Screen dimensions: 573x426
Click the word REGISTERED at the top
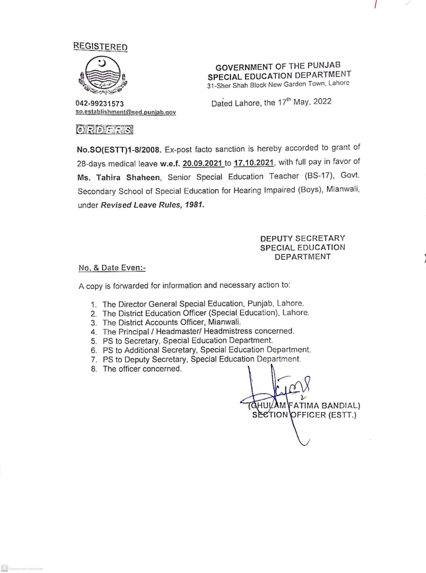(x=100, y=47)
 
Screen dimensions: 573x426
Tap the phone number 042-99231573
(x=100, y=103)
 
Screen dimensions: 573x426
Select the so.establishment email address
(x=126, y=112)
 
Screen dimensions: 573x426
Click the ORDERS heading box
(x=105, y=130)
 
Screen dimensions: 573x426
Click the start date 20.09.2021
(x=203, y=163)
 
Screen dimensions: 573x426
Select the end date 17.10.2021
(x=254, y=163)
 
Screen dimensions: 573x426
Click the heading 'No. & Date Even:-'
(x=112, y=268)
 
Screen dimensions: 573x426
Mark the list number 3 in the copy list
(x=93, y=323)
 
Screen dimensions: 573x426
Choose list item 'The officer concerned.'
(x=142, y=369)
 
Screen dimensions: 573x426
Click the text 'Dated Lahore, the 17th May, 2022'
(x=271, y=102)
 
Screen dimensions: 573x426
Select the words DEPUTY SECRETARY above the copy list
(x=302, y=239)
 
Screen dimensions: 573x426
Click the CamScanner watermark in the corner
(x=22, y=568)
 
